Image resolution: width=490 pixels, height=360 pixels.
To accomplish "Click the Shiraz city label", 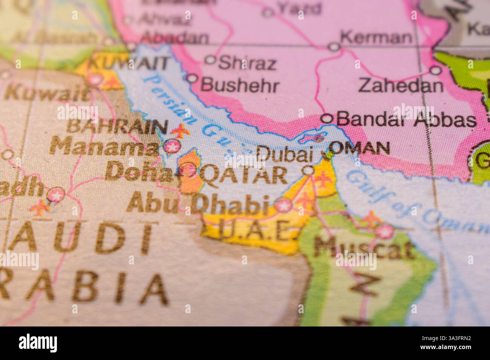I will [247, 64].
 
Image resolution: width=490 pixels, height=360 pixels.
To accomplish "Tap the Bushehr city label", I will [240, 85].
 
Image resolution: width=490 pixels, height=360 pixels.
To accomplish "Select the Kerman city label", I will [376, 38].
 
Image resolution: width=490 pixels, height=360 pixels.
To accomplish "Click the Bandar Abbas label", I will [406, 120].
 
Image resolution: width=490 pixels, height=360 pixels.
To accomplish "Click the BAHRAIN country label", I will [117, 127].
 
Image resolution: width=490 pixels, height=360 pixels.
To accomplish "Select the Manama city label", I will [104, 146].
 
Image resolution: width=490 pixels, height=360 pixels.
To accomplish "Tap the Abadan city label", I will [175, 38].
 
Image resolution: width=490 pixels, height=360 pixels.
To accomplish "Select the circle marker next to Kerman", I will [334, 47].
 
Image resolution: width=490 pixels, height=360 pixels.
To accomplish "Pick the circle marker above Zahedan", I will [436, 70].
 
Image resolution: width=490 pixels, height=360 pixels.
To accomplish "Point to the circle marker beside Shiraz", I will [211, 59].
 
